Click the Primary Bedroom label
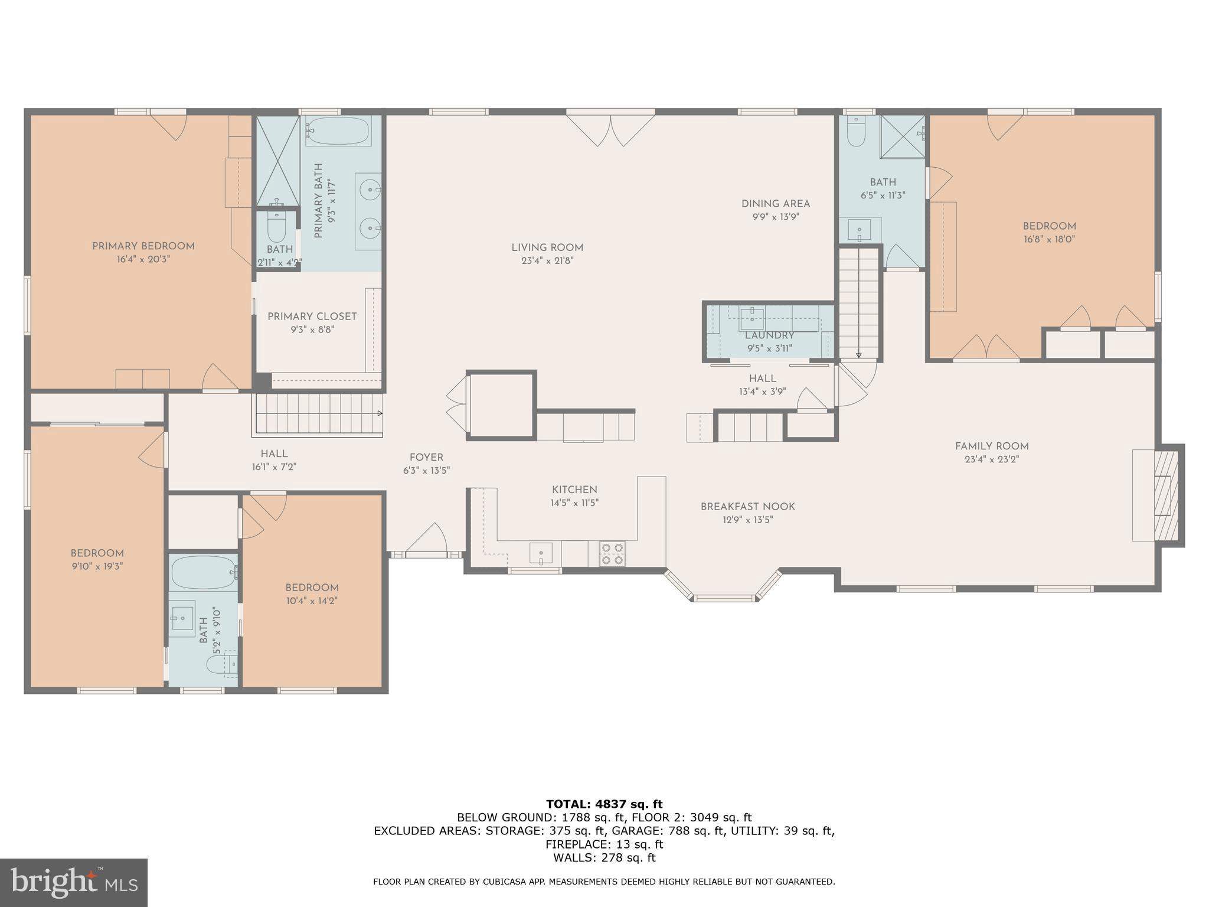[x=143, y=246]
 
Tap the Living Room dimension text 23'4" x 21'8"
[x=547, y=261]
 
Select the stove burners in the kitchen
[x=612, y=553]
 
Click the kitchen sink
[x=541, y=554]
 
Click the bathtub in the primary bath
[x=338, y=130]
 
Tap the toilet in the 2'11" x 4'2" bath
[x=276, y=221]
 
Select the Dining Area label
[x=776, y=204]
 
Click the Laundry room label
[x=769, y=335]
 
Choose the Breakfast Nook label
[x=747, y=507]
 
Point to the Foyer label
[x=426, y=458]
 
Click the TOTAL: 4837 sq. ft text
[x=604, y=804]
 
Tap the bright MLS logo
[x=73, y=882]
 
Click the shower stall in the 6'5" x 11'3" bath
[x=902, y=136]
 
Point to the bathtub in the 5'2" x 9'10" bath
[x=203, y=572]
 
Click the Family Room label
[x=991, y=446]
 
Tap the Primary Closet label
[x=312, y=317]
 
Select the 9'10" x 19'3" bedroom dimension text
[x=97, y=566]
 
